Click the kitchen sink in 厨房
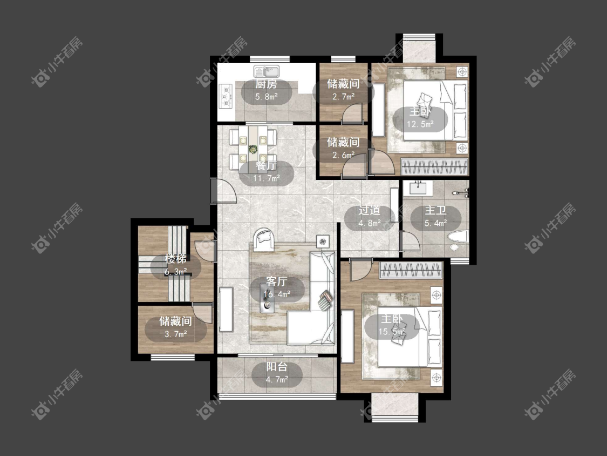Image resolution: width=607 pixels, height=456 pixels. [267, 71]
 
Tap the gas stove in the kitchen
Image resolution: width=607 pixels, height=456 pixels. [226, 96]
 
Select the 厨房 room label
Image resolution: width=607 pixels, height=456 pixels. [267, 84]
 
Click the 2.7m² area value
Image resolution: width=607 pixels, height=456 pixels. [343, 97]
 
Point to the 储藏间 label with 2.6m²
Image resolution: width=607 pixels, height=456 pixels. [343, 142]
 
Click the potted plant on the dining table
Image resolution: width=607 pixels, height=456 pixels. [253, 149]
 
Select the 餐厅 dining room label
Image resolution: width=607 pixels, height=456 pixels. [267, 166]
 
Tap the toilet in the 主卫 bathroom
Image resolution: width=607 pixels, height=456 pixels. [458, 237]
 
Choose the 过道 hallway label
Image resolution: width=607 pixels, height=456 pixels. [369, 211]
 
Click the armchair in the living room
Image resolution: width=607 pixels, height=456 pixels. [264, 238]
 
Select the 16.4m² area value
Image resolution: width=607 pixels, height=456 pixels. [277, 294]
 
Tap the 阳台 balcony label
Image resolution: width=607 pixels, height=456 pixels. [277, 367]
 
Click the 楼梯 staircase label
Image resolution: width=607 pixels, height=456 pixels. [176, 259]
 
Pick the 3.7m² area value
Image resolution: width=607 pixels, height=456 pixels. [176, 334]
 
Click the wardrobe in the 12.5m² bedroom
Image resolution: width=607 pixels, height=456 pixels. [434, 167]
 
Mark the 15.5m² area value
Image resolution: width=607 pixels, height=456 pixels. [392, 332]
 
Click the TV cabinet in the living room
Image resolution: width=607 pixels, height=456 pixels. [226, 310]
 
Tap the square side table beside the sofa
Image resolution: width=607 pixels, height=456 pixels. [323, 242]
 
